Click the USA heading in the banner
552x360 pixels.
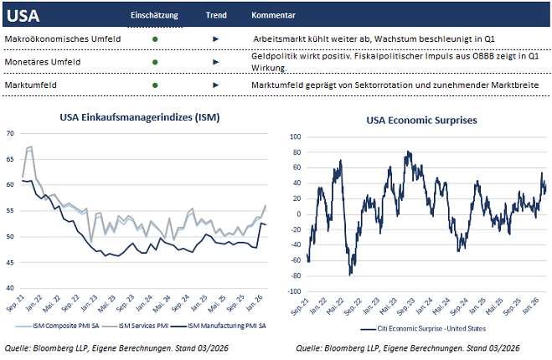(23, 16)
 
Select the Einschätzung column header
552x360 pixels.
(156, 16)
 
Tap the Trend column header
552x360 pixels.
(215, 16)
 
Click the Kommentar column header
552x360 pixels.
(273, 16)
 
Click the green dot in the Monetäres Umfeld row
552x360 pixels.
(155, 62)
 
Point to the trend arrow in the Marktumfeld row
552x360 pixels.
(215, 85)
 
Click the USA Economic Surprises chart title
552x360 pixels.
(421, 120)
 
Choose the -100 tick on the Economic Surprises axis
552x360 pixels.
(294, 291)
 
